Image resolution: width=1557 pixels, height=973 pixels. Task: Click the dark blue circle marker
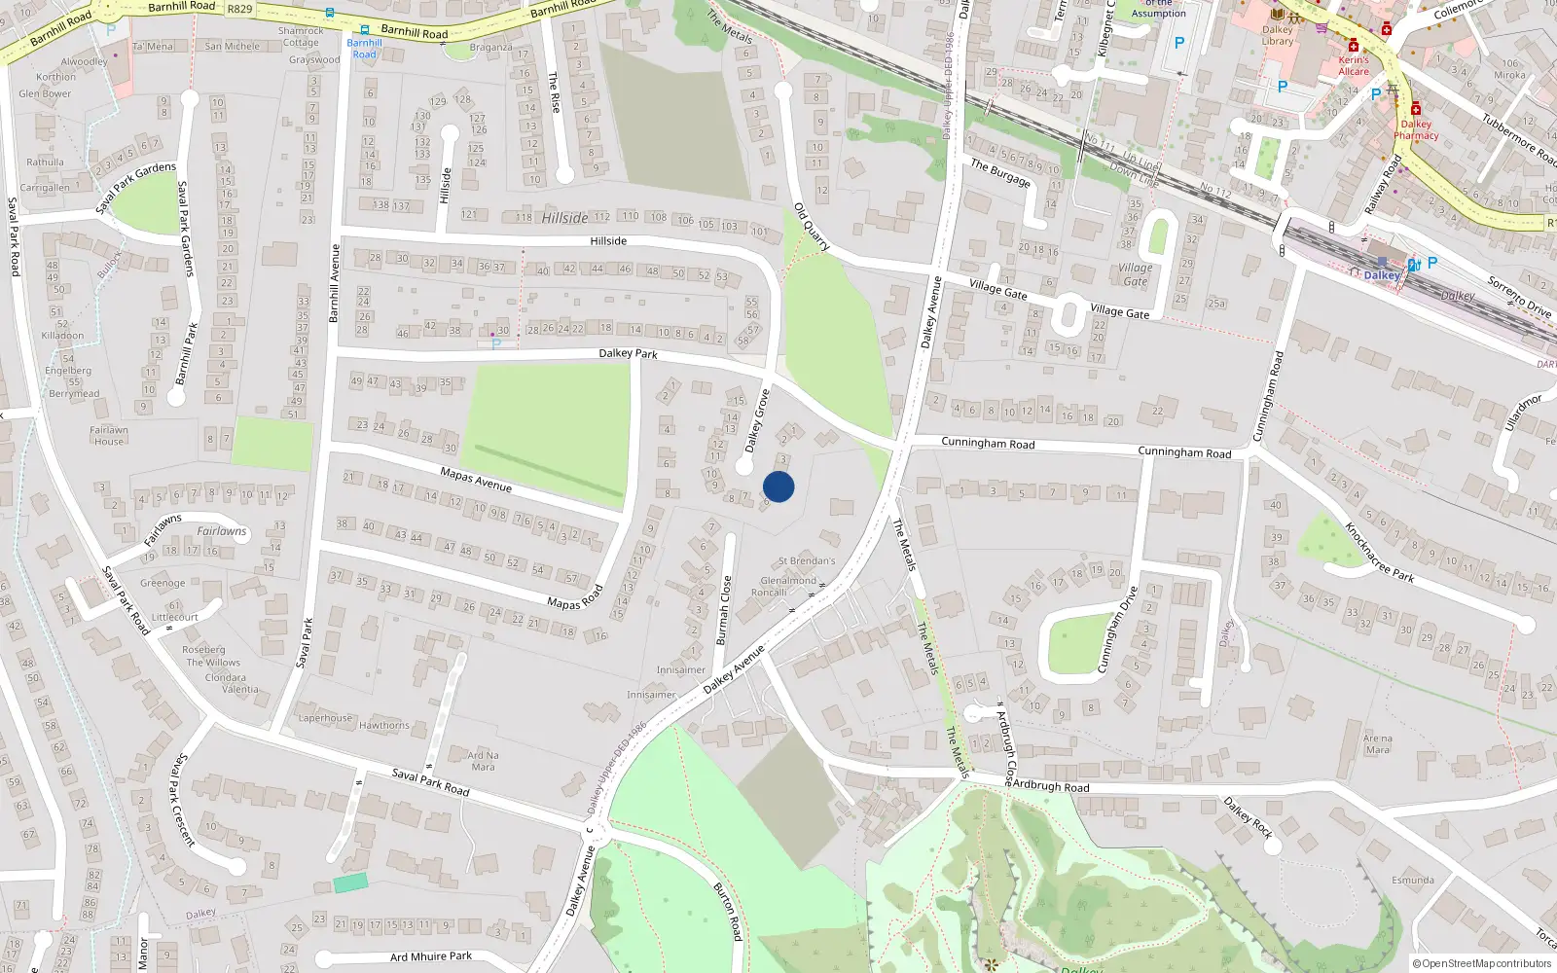coord(778,486)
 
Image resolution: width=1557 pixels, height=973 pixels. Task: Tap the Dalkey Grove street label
coord(758,421)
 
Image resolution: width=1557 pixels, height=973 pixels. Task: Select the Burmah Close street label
coord(723,610)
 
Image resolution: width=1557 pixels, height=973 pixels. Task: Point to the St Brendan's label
coord(807,561)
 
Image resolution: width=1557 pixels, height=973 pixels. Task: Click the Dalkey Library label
coord(1278,35)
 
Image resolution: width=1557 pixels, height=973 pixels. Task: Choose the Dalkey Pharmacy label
coord(1416,129)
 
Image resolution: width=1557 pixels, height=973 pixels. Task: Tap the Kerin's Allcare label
coord(1354,65)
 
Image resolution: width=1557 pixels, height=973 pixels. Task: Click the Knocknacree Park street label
coord(1379,553)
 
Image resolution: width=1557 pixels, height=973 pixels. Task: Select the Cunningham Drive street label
coord(1117,630)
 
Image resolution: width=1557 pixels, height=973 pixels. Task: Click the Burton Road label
coord(728,912)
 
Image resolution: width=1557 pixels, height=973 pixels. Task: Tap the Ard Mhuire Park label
coord(431,956)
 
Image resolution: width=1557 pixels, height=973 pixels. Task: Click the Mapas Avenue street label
coord(476,480)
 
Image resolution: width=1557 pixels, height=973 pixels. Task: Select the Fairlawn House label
coord(109,435)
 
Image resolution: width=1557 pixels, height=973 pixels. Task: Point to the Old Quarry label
coord(812,227)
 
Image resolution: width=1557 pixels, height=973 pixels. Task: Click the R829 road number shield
coord(238,9)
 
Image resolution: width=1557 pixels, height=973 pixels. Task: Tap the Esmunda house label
coord(1412,880)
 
